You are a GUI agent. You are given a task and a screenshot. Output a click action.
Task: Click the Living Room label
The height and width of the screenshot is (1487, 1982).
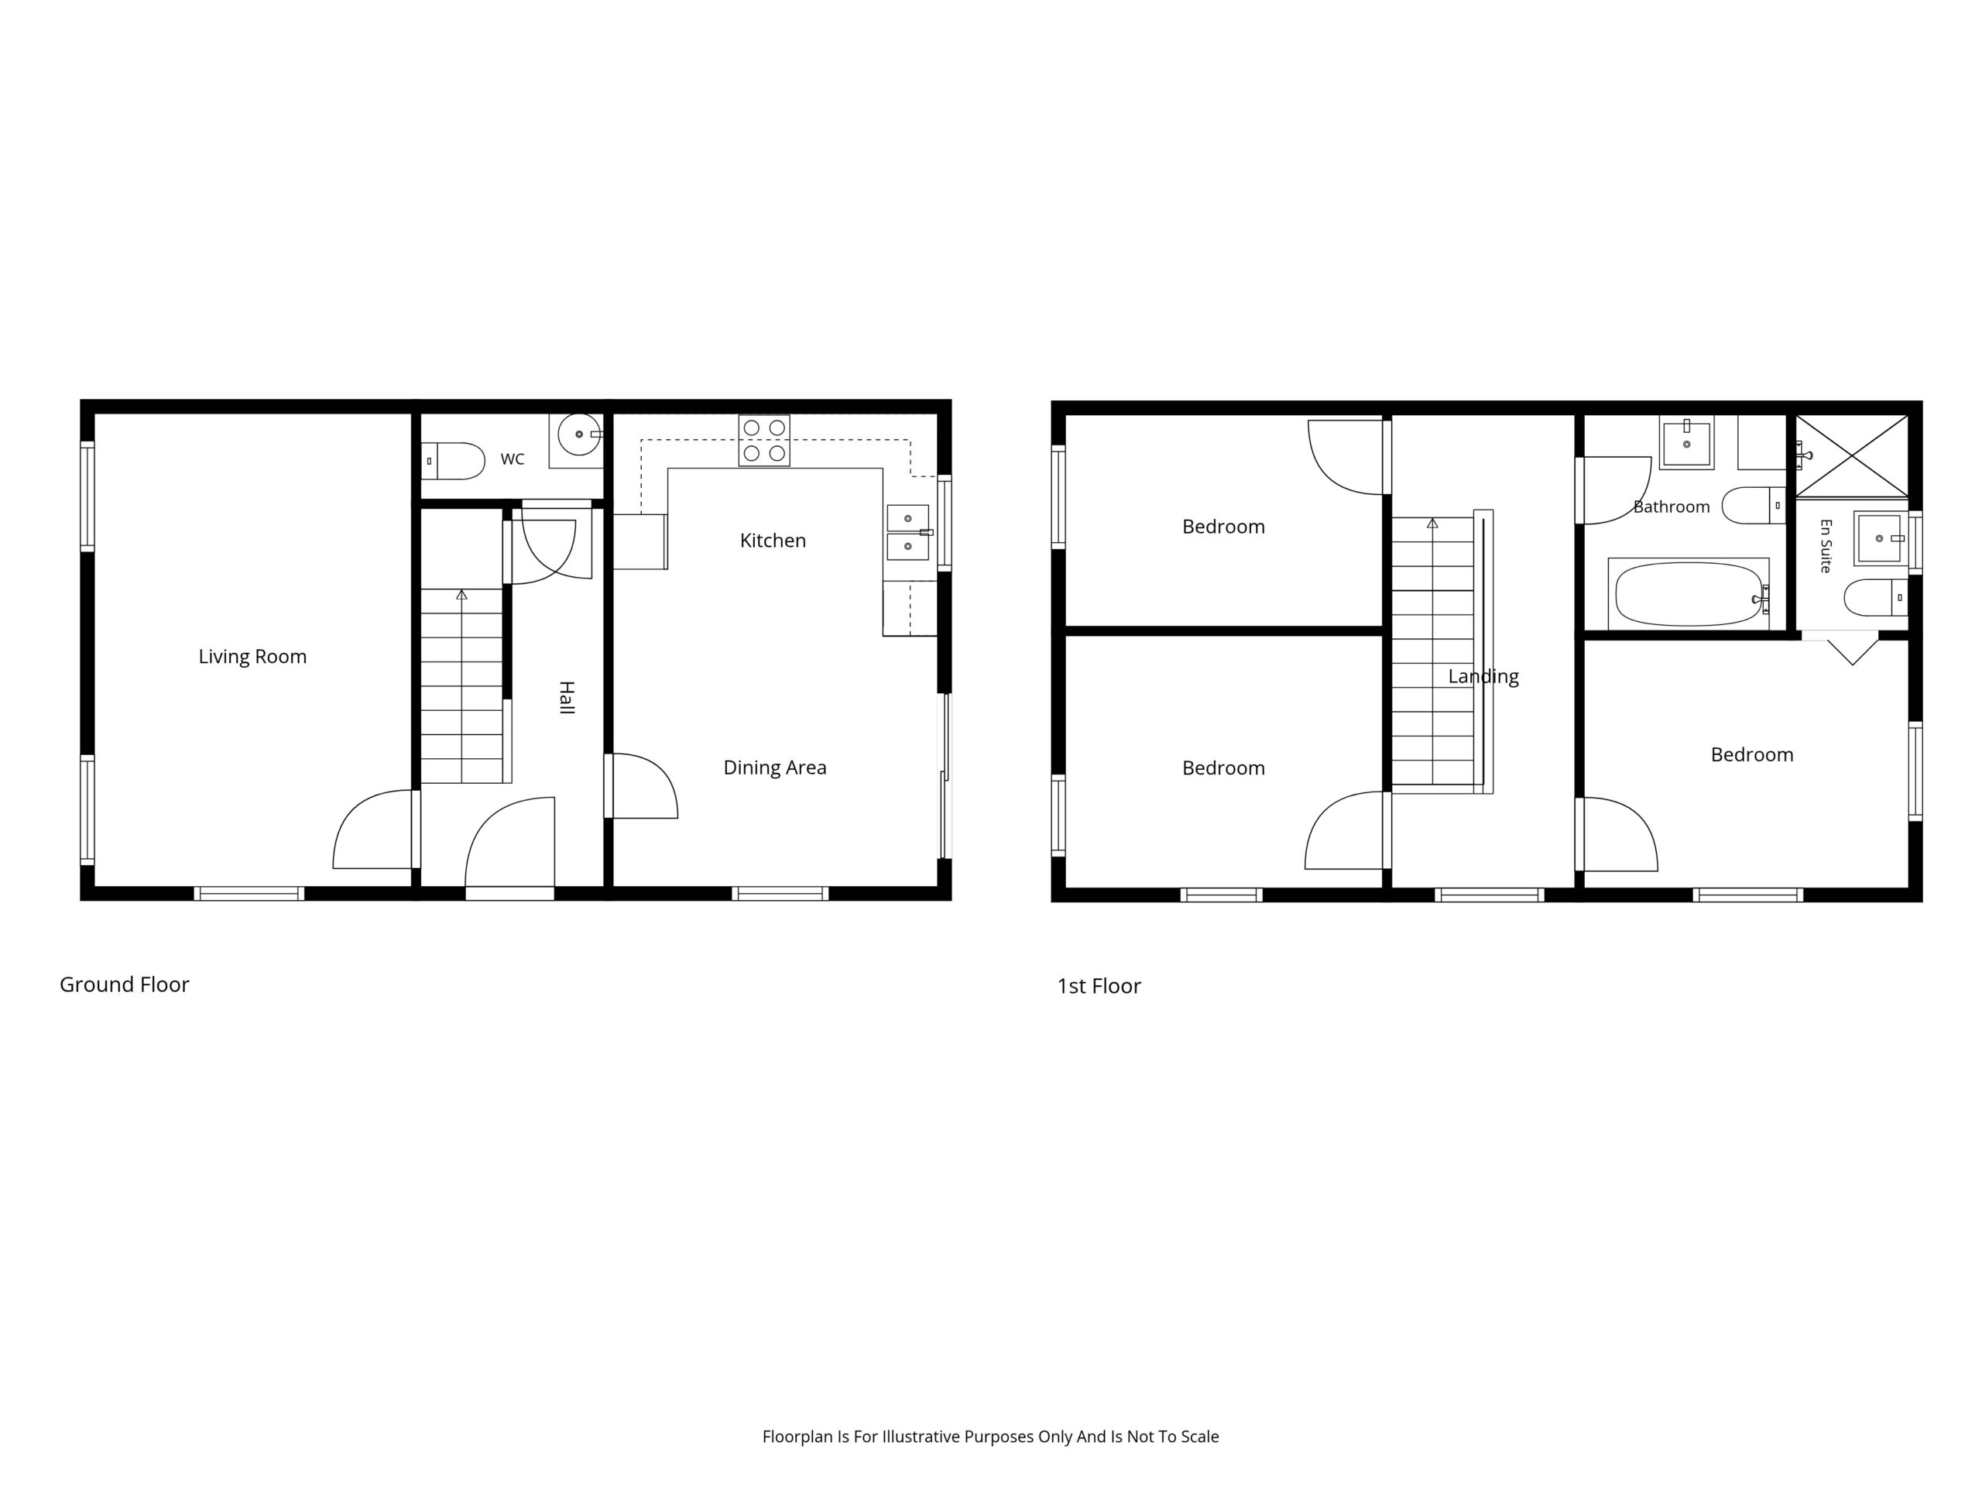pos(252,657)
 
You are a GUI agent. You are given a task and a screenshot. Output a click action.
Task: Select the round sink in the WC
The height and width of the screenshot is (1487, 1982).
pos(580,434)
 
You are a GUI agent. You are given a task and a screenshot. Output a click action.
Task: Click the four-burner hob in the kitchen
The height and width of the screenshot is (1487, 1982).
pos(764,441)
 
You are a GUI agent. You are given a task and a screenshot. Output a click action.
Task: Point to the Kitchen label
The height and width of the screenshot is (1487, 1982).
pos(773,541)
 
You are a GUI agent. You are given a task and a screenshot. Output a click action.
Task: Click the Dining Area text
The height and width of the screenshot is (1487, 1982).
pos(775,768)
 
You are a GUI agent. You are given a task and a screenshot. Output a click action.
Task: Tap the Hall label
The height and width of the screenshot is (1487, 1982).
pos(566,697)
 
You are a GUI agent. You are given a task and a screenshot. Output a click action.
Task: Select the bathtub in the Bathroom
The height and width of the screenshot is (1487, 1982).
pos(1689,593)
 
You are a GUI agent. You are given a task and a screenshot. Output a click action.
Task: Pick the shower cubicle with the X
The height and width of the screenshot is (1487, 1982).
pos(1852,455)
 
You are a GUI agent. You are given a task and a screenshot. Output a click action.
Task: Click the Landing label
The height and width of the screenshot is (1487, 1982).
pos(1484,677)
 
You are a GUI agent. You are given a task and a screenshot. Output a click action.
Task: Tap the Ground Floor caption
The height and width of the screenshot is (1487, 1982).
pos(125,984)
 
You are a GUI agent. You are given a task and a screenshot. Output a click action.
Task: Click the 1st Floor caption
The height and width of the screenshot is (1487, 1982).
pos(1099,986)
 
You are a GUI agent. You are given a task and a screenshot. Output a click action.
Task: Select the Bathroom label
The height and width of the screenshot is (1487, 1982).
pos(1672,507)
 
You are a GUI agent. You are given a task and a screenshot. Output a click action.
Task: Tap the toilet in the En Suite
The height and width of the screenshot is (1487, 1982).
pos(1876,598)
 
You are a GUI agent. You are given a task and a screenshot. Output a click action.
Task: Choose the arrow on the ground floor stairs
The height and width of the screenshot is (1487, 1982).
pos(461,594)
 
